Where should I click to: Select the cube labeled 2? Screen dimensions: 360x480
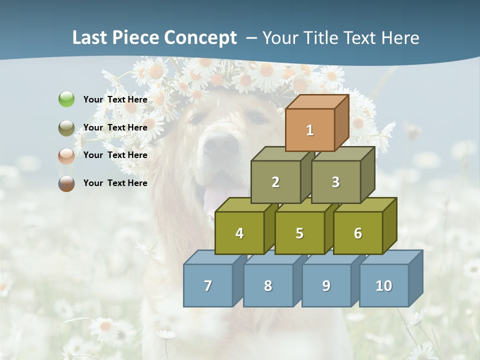click(x=275, y=182)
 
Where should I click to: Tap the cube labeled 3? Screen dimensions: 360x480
click(x=335, y=182)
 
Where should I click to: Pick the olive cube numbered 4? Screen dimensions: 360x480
click(x=239, y=233)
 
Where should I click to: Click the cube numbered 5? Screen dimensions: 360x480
click(x=299, y=233)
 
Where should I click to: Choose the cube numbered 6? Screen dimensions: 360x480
click(x=358, y=233)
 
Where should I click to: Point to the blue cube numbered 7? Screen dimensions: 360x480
click(x=208, y=285)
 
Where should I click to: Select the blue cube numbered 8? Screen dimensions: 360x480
click(x=268, y=285)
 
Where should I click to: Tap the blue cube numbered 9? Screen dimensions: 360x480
click(x=326, y=285)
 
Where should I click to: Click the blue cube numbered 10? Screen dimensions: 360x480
click(x=383, y=285)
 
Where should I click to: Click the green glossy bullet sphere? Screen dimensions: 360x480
click(x=66, y=99)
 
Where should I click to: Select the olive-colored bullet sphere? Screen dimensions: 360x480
click(x=66, y=128)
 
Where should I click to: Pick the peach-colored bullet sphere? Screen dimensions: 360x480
click(x=66, y=156)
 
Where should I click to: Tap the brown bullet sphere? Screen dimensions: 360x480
click(x=66, y=183)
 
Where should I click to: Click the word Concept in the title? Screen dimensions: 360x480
click(x=200, y=38)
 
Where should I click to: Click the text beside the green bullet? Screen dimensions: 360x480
click(x=115, y=99)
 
